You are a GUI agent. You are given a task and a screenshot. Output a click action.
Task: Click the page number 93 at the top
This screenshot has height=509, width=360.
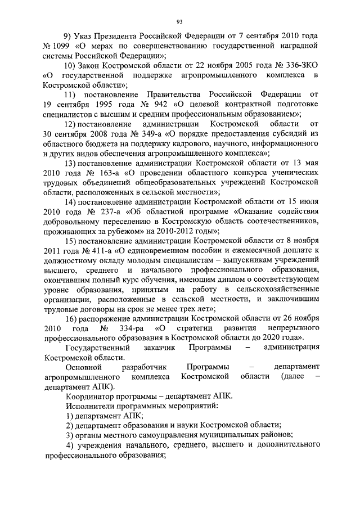click(180, 21)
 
